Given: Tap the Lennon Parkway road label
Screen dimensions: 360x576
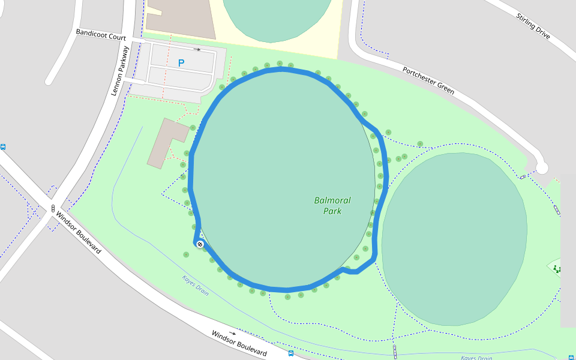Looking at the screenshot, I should [x=121, y=71].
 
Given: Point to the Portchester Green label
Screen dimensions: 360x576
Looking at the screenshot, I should [x=428, y=80].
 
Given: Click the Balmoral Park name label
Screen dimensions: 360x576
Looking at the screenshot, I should [x=332, y=206].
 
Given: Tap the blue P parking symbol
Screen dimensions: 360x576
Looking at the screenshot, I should [x=181, y=62].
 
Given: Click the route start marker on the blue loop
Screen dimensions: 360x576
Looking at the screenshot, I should [x=200, y=244].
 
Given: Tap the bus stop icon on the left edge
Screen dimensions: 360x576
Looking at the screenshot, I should [x=3, y=146].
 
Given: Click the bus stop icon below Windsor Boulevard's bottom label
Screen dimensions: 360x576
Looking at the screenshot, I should [x=291, y=353].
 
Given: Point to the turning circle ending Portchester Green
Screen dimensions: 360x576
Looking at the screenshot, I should [x=542, y=168].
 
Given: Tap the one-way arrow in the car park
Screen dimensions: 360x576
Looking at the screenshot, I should [x=197, y=49].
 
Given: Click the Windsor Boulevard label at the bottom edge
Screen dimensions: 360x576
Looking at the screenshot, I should [x=239, y=343].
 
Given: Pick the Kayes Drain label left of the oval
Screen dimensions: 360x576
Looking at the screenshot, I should [x=196, y=285].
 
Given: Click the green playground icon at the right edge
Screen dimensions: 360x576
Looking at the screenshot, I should [x=557, y=269].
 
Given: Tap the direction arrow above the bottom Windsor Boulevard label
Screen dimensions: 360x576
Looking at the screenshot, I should [x=232, y=333].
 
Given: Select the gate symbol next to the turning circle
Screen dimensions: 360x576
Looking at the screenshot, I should [x=523, y=176].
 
